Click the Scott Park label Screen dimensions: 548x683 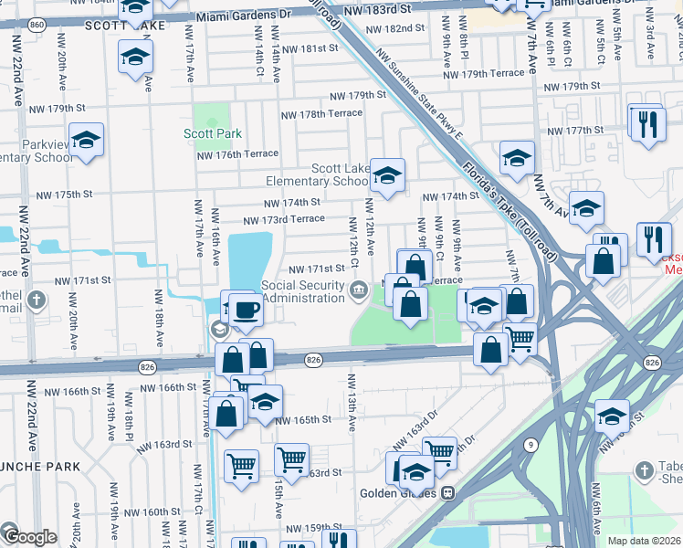coord(213,133)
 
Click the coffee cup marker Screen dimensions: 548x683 coord(246,311)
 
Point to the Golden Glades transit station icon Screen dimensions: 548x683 coord(447,493)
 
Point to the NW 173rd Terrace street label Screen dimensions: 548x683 coord(283,219)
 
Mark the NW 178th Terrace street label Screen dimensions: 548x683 coord(320,114)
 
